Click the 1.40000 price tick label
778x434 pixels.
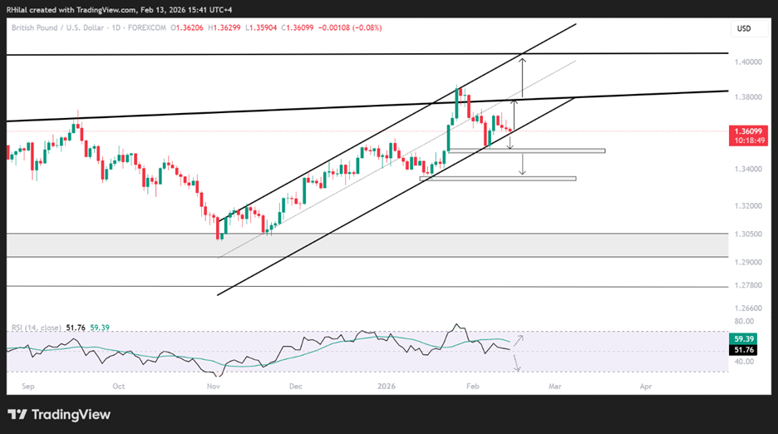(748, 62)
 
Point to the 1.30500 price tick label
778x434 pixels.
(748, 234)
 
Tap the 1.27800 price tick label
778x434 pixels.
(748, 285)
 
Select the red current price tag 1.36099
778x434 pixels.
(748, 136)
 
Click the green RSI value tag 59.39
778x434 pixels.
(743, 338)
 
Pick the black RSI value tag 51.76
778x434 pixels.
(743, 349)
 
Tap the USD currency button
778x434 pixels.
(744, 29)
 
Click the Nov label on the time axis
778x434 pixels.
(214, 387)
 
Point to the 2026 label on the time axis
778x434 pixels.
(387, 387)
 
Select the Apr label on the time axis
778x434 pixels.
(646, 387)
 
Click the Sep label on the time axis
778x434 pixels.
(28, 387)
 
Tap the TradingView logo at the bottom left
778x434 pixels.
(59, 415)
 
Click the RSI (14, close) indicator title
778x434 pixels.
(37, 328)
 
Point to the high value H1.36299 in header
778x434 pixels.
(224, 27)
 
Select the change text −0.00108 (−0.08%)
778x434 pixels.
(350, 27)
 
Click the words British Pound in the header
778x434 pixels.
(35, 27)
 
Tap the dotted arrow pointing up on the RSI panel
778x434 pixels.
(518, 340)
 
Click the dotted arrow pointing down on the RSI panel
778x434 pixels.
(516, 362)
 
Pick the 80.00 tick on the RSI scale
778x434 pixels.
(744, 321)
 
